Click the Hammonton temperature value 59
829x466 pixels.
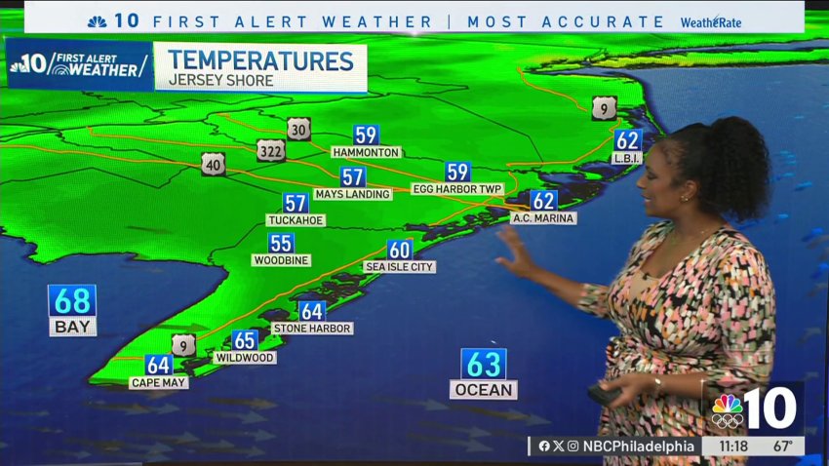[x=366, y=136]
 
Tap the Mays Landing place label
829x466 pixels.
[x=353, y=194]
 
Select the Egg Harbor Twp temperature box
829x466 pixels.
[x=457, y=172]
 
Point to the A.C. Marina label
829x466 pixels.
[x=543, y=218]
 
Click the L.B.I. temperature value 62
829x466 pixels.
[x=628, y=140]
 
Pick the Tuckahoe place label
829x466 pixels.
[x=296, y=220]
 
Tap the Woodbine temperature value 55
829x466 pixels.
[x=281, y=244]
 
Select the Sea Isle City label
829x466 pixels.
[x=399, y=266]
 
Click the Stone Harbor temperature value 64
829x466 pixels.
[x=312, y=311]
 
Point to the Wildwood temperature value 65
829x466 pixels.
[x=245, y=340]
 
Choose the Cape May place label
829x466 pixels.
[x=158, y=383]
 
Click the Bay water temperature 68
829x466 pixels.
[x=73, y=300]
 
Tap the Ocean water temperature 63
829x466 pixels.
[x=484, y=365]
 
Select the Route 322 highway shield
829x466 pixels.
[x=272, y=150]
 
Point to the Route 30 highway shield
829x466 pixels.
[x=298, y=129]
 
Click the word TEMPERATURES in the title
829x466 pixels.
[x=259, y=60]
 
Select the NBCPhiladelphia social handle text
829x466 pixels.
[x=639, y=447]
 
